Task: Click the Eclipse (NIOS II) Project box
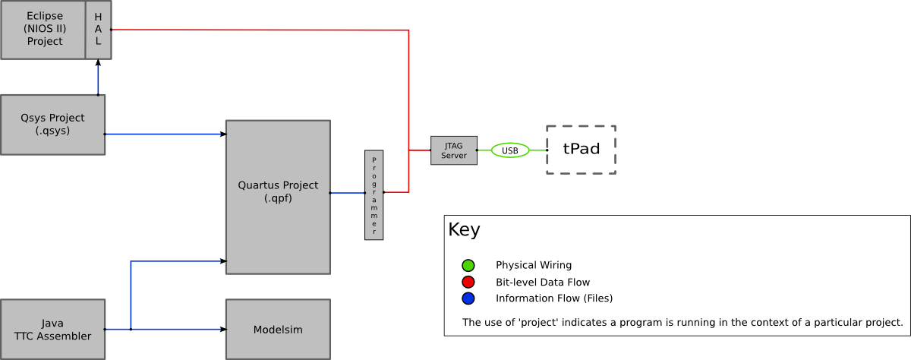coord(43,30)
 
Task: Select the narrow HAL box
coord(98,30)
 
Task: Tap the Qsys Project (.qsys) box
coord(52,125)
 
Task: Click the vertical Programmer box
coord(374,195)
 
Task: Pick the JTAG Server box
coord(453,150)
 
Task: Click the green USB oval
coord(510,150)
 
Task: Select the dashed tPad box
coord(581,150)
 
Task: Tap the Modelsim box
coord(278,329)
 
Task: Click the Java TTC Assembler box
coord(52,329)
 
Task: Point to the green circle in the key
coord(468,266)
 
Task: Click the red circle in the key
coord(468,282)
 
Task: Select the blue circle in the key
coord(468,298)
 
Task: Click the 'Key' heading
coord(464,229)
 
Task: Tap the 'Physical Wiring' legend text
coord(533,266)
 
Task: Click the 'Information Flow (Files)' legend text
coord(553,298)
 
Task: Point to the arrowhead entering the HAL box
coord(98,64)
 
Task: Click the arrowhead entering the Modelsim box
coord(222,329)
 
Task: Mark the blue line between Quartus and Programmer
coord(347,193)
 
